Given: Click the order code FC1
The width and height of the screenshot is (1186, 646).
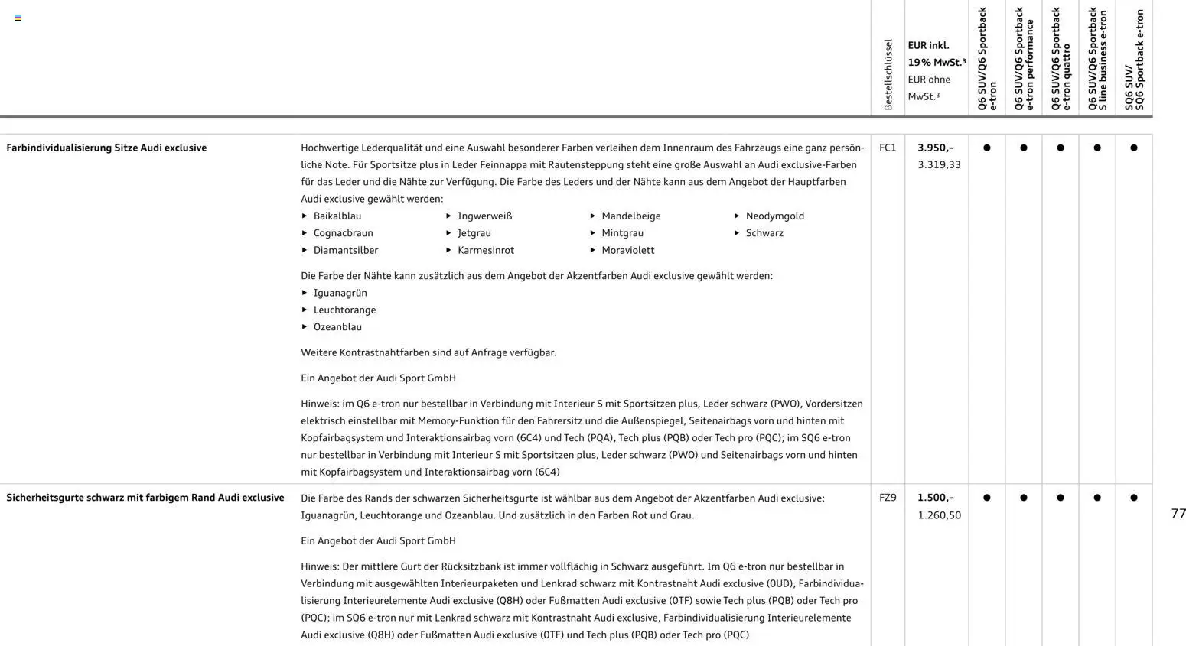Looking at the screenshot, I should coord(888,148).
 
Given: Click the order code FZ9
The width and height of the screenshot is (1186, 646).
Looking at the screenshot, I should coord(888,498).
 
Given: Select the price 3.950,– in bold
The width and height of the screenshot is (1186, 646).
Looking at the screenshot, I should coord(935,148).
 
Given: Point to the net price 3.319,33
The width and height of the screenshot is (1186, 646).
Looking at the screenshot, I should coord(939,164).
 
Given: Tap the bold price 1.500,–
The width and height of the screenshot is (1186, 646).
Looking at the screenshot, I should coord(935,498).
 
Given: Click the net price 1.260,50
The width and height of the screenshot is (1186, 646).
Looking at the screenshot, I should coord(939,515).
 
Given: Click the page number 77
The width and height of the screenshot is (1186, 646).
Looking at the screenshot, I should coord(1178,514).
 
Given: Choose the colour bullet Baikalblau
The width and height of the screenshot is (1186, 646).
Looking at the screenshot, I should coord(337,216).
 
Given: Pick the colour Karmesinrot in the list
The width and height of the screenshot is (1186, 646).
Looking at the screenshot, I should coord(485,250).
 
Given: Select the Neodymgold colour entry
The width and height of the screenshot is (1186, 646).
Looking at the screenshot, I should coord(774,216).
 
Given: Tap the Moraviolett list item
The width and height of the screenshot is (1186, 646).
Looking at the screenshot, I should coord(627,250).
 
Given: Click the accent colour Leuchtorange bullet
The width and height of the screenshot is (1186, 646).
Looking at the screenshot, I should coord(344,310).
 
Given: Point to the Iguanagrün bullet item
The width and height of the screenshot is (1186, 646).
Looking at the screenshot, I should coord(340,293).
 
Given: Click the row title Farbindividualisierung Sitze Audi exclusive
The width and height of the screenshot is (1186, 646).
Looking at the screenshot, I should coord(106,148).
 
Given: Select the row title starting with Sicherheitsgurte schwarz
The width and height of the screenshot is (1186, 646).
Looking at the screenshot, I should coord(145,498).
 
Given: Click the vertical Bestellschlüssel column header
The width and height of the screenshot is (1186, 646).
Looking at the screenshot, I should coord(888,74).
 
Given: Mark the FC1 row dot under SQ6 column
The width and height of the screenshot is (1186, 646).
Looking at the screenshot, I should coord(1134,148).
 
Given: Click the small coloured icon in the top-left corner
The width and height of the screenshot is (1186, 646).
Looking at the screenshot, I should coord(18,18).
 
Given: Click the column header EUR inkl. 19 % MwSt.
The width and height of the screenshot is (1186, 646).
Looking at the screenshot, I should coord(936,54).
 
